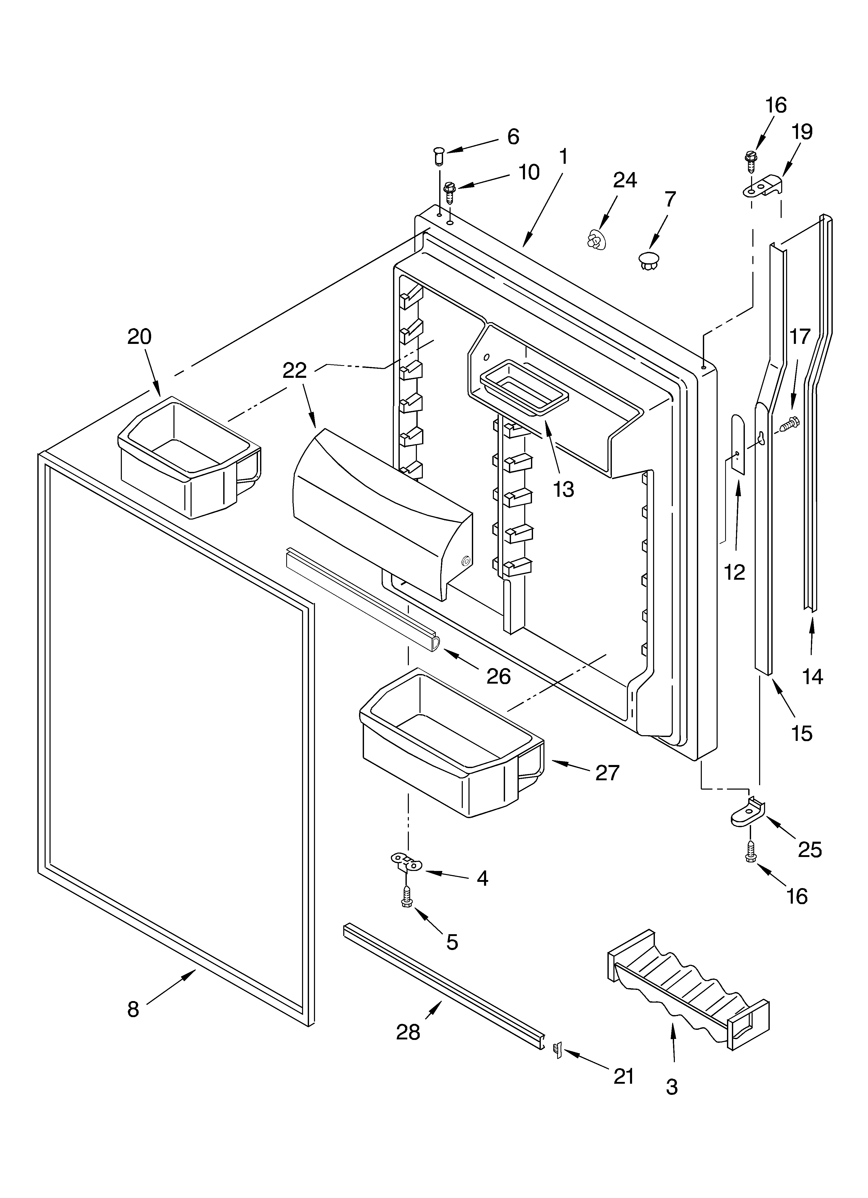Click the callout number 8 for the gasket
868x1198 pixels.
pos(133,1009)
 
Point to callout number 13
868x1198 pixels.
pos(564,490)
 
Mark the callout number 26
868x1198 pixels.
pos(499,676)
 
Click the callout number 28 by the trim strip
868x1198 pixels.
pos(408,1031)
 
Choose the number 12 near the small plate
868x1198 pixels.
pos(734,572)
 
